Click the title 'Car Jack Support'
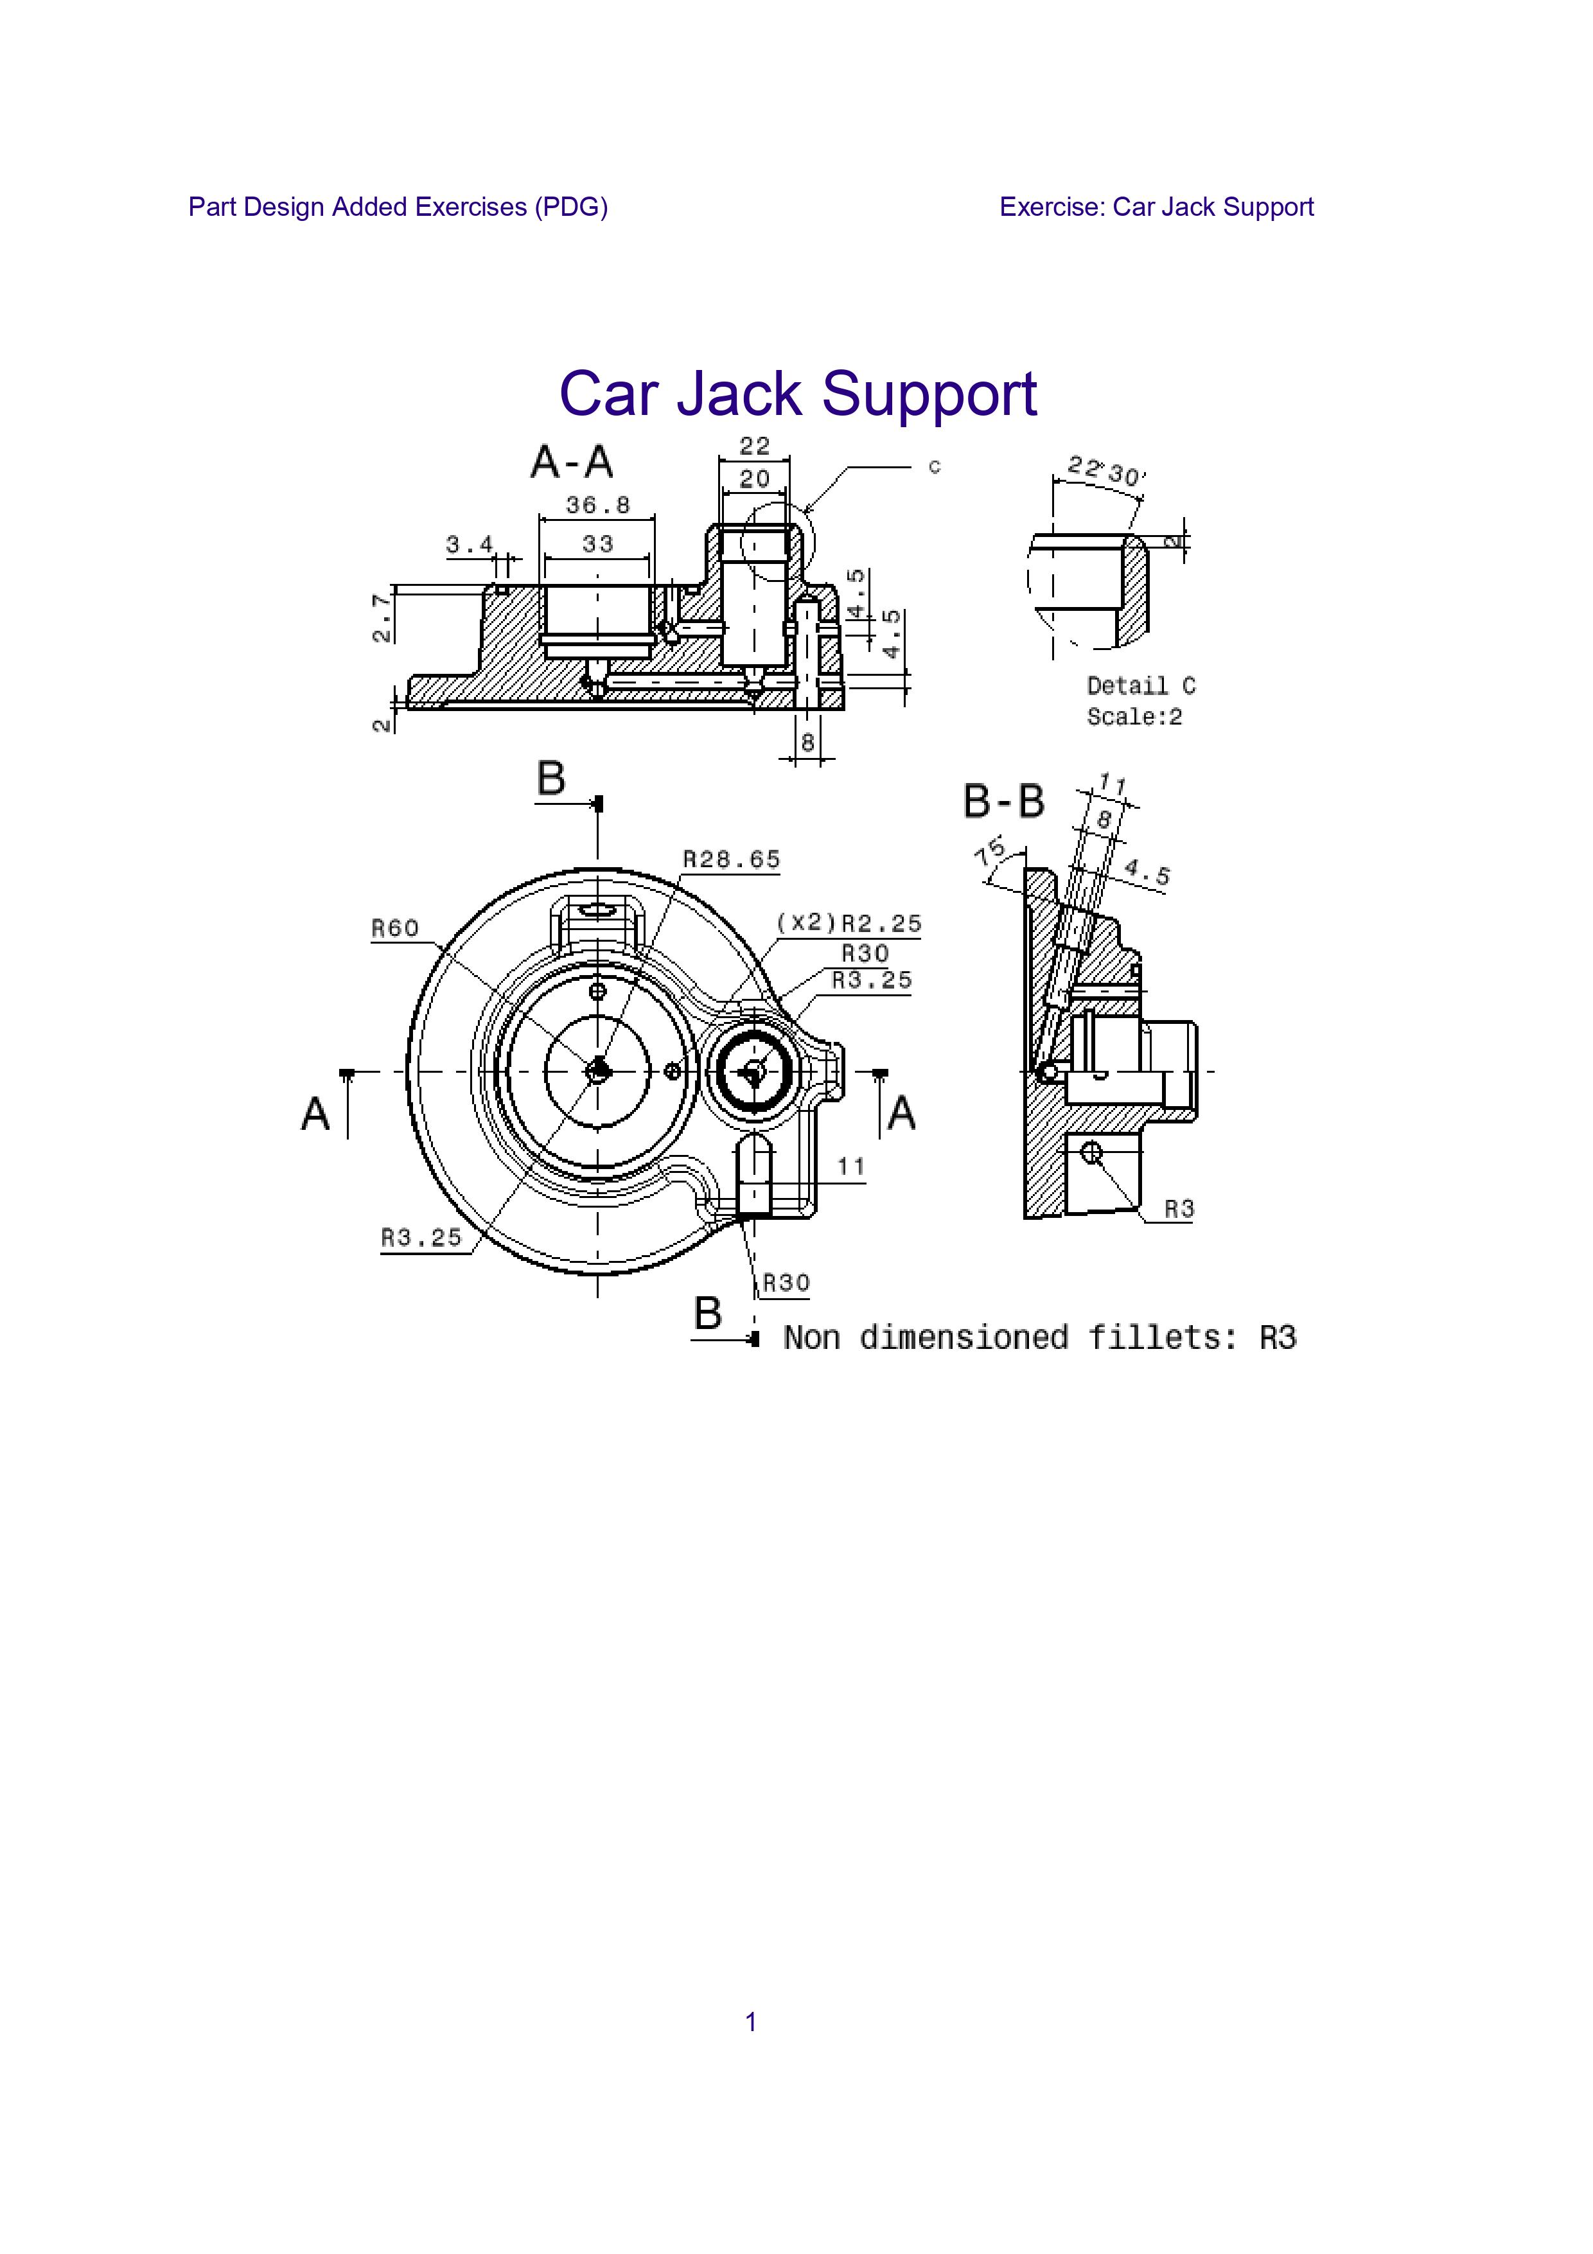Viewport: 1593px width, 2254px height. coord(797,394)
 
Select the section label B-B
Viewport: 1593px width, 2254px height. coord(1003,801)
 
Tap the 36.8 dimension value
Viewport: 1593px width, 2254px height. coord(598,506)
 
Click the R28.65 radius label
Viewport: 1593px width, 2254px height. coord(731,860)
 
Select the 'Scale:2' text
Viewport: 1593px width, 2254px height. coord(1134,718)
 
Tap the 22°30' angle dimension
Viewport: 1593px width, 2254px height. coord(1106,471)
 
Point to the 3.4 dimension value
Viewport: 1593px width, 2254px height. coord(469,544)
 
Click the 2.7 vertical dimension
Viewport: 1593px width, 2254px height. coord(382,617)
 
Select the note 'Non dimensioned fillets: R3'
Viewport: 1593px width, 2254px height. coord(1039,1338)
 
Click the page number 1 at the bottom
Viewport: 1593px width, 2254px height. coord(751,2022)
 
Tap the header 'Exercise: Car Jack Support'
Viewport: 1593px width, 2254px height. coord(1156,207)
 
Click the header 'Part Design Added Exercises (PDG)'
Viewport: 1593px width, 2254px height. coord(398,207)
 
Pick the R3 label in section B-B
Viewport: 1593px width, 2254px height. coord(1179,1210)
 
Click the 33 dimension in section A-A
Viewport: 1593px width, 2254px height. coord(598,544)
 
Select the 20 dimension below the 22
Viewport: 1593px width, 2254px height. coord(754,479)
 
